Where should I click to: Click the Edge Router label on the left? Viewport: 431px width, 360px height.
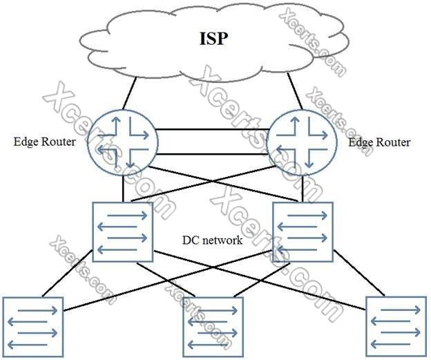[x=44, y=142]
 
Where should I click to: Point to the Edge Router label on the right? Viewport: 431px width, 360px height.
[x=379, y=142]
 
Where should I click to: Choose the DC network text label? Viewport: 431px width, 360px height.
[x=212, y=240]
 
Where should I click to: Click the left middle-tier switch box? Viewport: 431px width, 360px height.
[x=123, y=232]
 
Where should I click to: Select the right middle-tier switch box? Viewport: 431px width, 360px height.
[x=303, y=232]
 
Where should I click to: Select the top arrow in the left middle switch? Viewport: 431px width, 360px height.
[x=123, y=215]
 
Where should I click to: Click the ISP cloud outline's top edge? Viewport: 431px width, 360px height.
[x=207, y=8]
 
